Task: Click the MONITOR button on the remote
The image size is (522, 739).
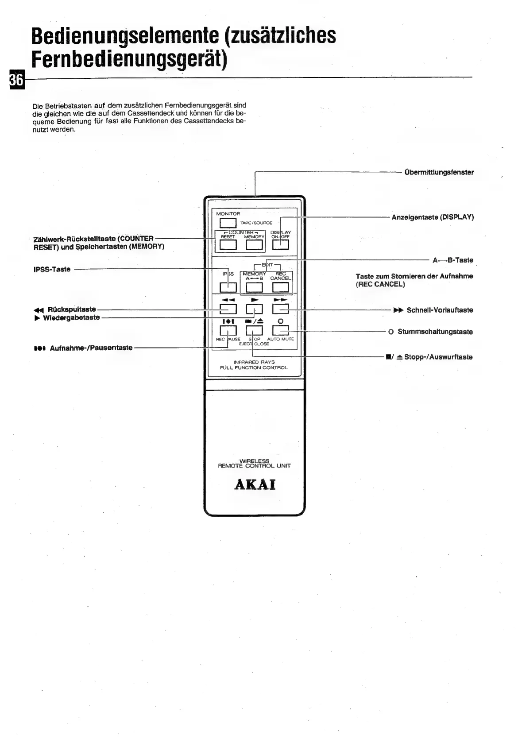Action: pos(228,223)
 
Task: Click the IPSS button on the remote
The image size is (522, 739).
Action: pos(228,287)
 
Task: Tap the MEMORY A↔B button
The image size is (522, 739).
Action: pos(254,287)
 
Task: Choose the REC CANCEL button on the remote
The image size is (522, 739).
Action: pos(280,287)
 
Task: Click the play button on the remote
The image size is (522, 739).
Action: pos(254,309)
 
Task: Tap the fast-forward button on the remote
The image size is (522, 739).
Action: pos(280,309)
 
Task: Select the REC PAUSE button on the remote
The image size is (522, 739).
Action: pos(228,330)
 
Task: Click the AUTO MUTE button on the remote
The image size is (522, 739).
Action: pos(280,330)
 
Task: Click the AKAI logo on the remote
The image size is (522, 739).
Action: pos(255,484)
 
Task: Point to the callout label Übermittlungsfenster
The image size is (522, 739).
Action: pos(439,172)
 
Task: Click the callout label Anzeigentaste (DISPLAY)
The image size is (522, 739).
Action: pos(433,217)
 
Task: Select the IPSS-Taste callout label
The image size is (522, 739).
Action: pos(52,269)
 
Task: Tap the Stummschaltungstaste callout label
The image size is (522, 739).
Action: pos(435,332)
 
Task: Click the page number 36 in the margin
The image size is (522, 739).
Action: pos(16,80)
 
